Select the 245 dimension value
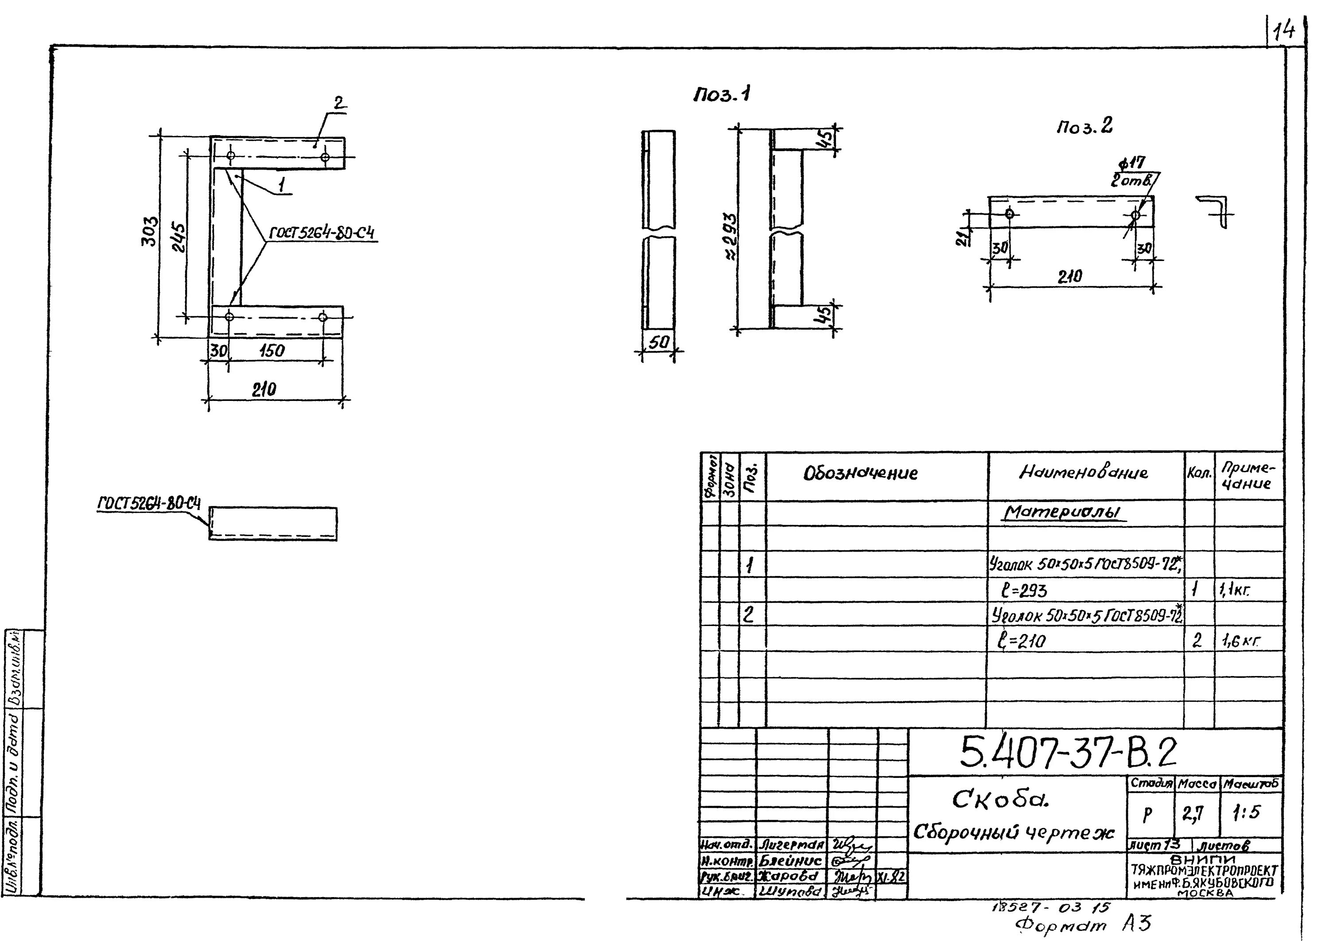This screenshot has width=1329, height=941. (x=179, y=237)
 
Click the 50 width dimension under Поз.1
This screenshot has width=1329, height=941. (x=658, y=343)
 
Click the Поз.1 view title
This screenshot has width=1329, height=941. (x=721, y=94)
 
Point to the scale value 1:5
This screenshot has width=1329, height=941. (x=1246, y=813)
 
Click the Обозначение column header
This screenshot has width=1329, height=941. (x=860, y=474)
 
